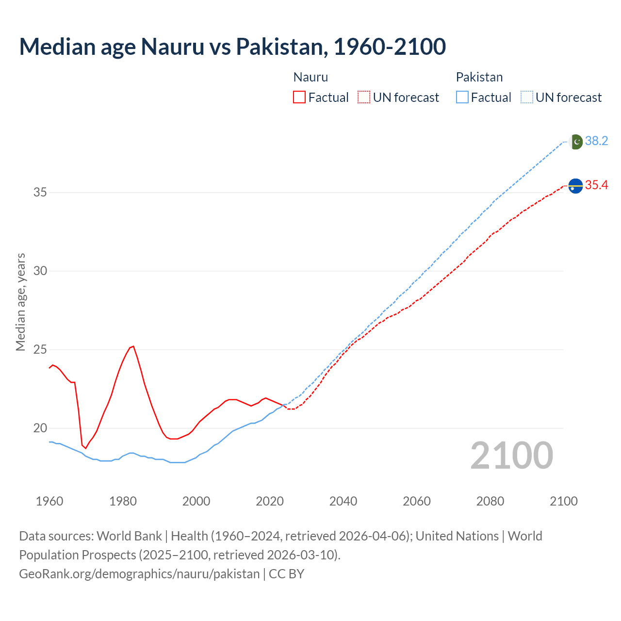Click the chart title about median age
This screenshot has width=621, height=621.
[232, 47]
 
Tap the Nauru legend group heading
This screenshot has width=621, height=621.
[310, 77]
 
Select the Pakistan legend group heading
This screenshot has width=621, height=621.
[479, 77]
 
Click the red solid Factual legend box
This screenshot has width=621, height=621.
[299, 98]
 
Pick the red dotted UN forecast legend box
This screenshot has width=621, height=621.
[364, 98]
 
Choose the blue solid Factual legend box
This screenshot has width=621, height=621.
[462, 98]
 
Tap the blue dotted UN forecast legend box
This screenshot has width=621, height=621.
[526, 98]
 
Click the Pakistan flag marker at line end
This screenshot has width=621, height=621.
[575, 142]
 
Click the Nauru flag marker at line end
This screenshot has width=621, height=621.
[575, 186]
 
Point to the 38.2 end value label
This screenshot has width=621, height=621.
[596, 141]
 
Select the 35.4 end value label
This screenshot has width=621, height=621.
[596, 185]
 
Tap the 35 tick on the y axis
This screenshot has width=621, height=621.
[40, 193]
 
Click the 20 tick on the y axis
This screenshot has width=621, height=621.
[40, 428]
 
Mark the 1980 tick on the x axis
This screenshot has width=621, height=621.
[123, 501]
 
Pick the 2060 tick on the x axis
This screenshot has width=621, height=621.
[417, 501]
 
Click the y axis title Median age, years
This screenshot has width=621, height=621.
[20, 302]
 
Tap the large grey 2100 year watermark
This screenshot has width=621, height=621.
[512, 455]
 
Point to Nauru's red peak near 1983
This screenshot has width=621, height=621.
[133, 346]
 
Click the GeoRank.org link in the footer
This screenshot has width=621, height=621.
[139, 574]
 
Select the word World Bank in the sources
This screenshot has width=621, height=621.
[129, 536]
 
